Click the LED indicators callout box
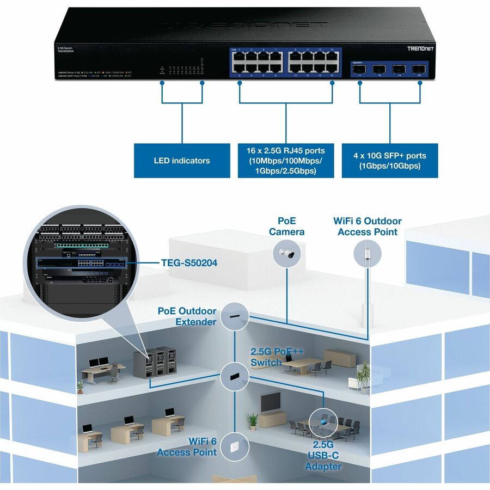181,161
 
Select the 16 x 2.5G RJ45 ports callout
285,161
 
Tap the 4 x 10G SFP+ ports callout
389,160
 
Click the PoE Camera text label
286,226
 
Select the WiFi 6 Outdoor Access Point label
367,226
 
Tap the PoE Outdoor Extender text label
187,316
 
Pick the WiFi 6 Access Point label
187,446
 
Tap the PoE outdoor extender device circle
235,316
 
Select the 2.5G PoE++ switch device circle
235,376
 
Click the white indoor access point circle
235,445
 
